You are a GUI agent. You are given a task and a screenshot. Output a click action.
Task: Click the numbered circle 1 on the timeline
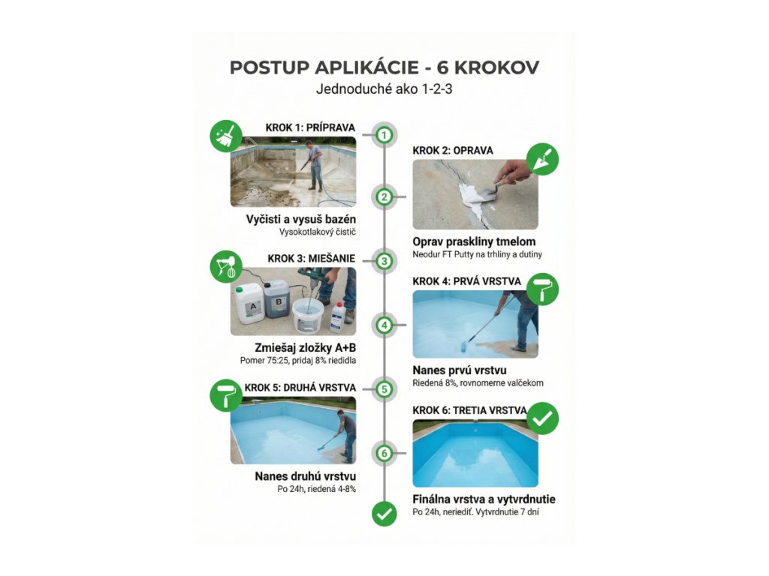(384, 134)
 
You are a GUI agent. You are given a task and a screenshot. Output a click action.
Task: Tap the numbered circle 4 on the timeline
(384, 325)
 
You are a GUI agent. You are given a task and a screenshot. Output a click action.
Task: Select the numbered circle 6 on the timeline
(384, 453)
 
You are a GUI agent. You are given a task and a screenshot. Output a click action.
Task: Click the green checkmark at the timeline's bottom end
(384, 513)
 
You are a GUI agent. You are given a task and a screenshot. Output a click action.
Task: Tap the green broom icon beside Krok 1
(226, 136)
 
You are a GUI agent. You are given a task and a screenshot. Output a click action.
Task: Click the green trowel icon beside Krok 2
(542, 159)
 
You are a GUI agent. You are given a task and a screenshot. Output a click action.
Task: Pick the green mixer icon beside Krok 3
(226, 266)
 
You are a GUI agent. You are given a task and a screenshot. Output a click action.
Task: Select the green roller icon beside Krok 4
(542, 289)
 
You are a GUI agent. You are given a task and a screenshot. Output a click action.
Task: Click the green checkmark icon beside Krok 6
(542, 418)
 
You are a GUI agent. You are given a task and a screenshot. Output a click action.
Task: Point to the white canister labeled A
(249, 304)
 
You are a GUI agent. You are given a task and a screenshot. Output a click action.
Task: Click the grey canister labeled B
(277, 298)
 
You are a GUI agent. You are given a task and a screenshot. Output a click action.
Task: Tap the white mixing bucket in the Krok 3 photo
(308, 316)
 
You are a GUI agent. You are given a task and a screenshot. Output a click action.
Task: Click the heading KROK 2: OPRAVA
(453, 151)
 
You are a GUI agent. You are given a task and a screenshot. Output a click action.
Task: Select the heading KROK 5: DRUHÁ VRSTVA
(300, 388)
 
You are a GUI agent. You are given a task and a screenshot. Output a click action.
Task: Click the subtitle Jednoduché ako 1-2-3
(384, 89)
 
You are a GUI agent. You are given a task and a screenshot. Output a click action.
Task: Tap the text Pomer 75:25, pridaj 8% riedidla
(298, 361)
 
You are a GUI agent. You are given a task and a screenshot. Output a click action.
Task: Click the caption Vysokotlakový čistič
(318, 232)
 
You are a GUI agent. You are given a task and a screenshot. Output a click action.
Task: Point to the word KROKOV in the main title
(497, 67)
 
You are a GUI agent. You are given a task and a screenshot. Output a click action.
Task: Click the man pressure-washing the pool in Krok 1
(313, 166)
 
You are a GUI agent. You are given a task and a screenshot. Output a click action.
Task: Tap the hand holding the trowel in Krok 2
(511, 172)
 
